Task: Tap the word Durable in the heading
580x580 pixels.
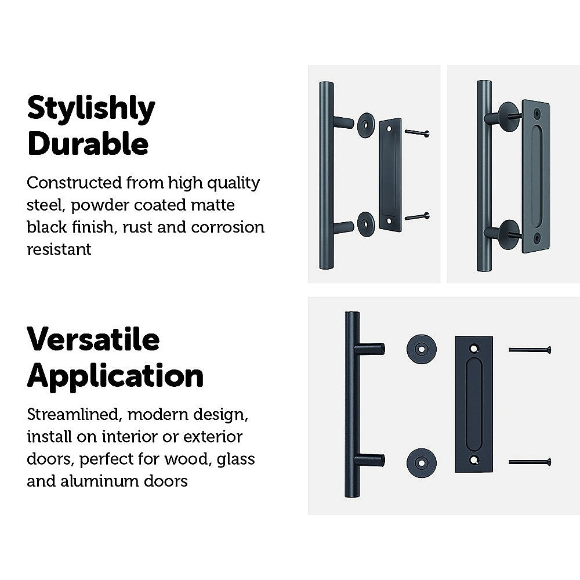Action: [x=88, y=143]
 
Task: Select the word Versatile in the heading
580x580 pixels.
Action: [x=93, y=339]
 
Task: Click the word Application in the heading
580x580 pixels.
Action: [x=115, y=376]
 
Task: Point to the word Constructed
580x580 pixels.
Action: [x=74, y=183]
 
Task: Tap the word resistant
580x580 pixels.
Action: [x=59, y=249]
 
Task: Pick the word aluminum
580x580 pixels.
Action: [x=100, y=481]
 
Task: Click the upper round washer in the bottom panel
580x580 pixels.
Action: [x=421, y=349]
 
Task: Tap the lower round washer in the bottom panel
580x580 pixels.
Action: [x=421, y=463]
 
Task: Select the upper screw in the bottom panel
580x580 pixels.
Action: [x=530, y=350]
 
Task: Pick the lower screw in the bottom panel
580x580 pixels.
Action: [x=530, y=462]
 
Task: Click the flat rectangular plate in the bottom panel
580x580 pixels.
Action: [x=474, y=404]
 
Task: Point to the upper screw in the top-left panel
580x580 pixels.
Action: [x=417, y=132]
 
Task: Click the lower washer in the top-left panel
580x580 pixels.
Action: [x=366, y=224]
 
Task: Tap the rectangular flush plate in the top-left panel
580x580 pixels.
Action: [x=390, y=175]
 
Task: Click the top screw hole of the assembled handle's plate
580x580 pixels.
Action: [x=536, y=113]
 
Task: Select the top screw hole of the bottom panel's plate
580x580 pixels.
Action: [x=474, y=349]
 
